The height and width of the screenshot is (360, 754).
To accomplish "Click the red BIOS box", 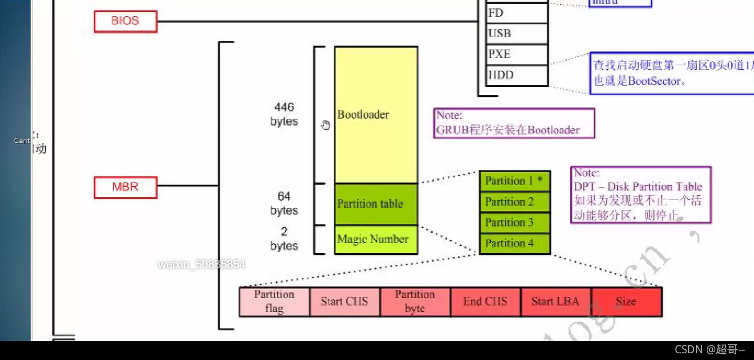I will [x=125, y=21].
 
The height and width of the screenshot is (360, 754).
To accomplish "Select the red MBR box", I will [x=125, y=187].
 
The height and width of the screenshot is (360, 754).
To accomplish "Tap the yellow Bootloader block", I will [x=376, y=115].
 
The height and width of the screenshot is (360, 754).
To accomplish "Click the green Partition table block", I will [x=376, y=204].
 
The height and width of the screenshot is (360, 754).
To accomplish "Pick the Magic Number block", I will [x=376, y=240].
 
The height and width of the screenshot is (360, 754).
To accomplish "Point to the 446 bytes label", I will [x=284, y=114].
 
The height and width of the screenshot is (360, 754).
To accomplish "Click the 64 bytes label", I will [x=284, y=203].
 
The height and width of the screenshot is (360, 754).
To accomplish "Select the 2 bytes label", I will [x=284, y=238].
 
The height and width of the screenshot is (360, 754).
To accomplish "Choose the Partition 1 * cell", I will [x=514, y=181].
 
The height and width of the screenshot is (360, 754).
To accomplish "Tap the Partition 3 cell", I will [x=514, y=223].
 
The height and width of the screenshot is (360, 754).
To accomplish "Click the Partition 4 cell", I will [x=514, y=244].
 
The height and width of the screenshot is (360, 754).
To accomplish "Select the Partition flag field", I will [x=274, y=301].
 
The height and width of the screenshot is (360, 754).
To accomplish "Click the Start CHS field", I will [x=344, y=301].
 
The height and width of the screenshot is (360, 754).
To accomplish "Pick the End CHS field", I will [x=485, y=301].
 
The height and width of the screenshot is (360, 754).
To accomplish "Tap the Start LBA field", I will [x=555, y=301].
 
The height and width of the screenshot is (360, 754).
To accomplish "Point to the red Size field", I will [x=626, y=301].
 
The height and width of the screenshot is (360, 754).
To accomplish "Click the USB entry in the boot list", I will [x=517, y=34].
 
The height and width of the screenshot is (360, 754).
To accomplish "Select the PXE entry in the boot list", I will [x=517, y=55].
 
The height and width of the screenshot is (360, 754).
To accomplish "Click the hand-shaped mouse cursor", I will [x=326, y=124].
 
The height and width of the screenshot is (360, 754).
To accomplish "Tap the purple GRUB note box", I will [x=514, y=123].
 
